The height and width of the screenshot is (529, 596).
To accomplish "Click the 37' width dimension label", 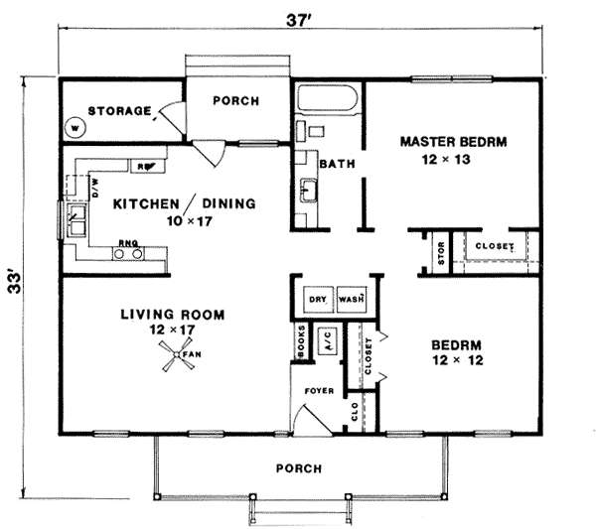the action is tap(299, 20).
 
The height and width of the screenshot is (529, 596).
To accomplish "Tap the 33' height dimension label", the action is tap(15, 282).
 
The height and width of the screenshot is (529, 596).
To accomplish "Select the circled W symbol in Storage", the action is tap(75, 128).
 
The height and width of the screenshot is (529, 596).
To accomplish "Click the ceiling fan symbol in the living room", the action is tap(177, 354).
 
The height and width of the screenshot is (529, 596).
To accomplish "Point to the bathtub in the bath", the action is tap(327, 98).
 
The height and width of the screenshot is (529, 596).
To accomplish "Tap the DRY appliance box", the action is tap(318, 300).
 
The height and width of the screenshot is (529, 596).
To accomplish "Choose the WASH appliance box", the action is tap(352, 300).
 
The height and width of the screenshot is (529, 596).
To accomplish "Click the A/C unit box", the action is tap(328, 340).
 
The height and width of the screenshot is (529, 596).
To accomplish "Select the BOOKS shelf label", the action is tap(301, 341).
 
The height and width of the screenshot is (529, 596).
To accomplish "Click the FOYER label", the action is tap(319, 391).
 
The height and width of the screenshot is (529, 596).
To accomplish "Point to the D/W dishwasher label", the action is tap(95, 188).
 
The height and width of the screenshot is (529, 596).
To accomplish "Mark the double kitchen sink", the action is tap(76, 220).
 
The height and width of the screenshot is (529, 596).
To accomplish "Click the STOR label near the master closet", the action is tap(441, 253).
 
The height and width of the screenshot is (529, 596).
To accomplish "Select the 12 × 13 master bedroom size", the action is tap(446, 160).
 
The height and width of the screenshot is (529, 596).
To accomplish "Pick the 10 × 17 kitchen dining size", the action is tap(190, 221).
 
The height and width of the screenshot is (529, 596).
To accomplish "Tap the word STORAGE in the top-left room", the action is tap(120, 111).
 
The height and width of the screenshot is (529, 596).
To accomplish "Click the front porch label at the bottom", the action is tap(299, 468).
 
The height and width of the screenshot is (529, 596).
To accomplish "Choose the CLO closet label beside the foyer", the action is tap(355, 412).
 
